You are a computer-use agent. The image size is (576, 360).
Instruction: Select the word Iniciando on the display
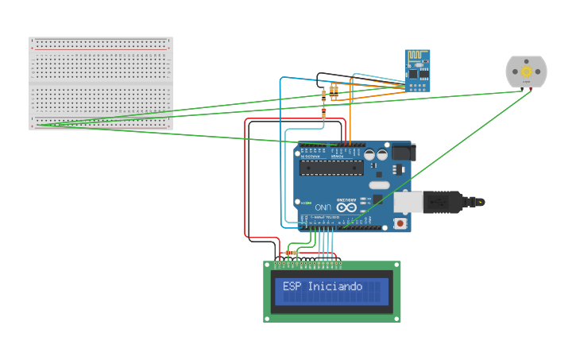pos(334,286)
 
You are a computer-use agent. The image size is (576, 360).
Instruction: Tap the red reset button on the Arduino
pos(400,223)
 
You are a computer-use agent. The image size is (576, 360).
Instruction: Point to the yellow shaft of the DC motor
pos(526,72)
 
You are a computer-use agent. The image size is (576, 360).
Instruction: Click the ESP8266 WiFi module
pos(417,71)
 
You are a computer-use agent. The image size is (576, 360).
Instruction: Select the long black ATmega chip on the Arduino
pos(331,167)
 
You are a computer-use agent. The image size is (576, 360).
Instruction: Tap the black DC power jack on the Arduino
pos(403,151)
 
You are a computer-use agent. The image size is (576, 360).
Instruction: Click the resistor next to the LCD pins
pos(291,254)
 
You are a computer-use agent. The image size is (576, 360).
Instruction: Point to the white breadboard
pos(100,83)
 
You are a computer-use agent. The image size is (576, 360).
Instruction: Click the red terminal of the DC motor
pos(530,89)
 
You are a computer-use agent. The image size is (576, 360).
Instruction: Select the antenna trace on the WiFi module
pos(417,58)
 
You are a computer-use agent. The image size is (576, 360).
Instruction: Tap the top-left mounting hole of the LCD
pos(268,265)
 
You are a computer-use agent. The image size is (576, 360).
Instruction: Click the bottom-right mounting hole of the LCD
pos(396,318)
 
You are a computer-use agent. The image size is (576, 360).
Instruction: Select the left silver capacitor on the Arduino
pos(369,155)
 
